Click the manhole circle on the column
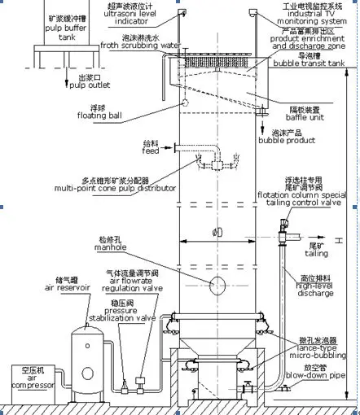pos(219,285)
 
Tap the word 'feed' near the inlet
pos(150,151)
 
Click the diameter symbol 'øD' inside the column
pos(218,234)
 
